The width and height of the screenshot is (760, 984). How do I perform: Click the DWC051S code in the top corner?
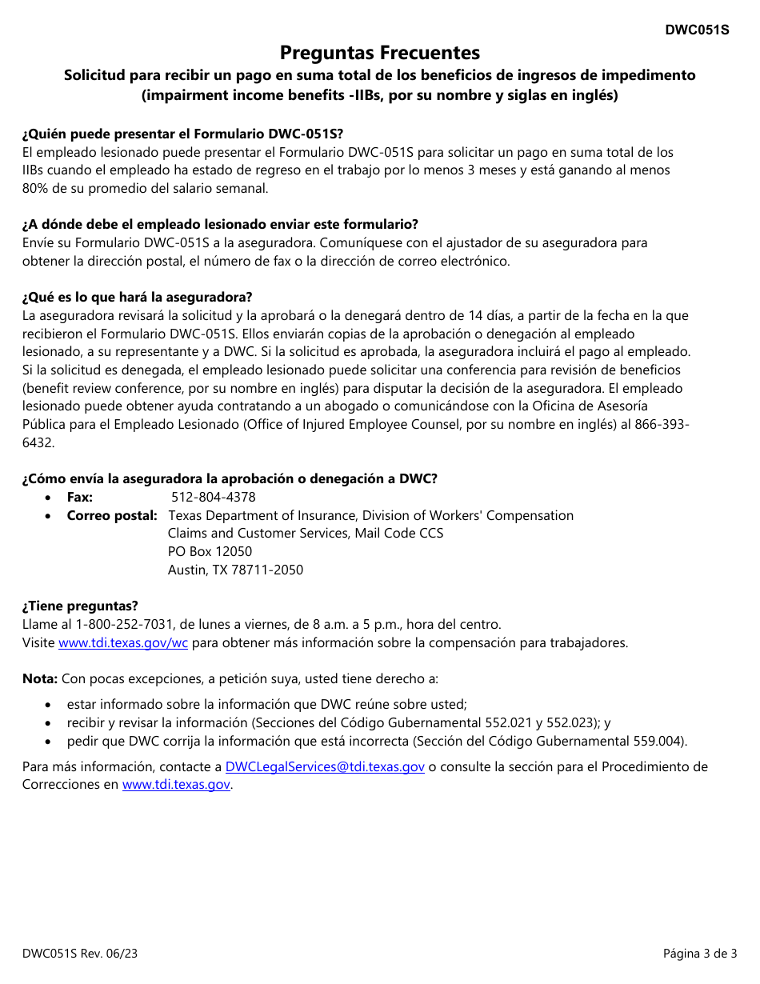[697, 30]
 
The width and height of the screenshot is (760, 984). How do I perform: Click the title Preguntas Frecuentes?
[380, 53]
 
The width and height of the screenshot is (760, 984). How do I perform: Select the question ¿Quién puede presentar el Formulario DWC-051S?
[182, 134]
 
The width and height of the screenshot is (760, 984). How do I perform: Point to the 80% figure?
[35, 189]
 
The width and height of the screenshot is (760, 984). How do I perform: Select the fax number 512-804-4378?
[214, 497]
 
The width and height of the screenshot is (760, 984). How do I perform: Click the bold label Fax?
[80, 497]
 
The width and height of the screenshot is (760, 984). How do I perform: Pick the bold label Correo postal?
[112, 515]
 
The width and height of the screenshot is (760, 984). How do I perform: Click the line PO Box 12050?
[210, 551]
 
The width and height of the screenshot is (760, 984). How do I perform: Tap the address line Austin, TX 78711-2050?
[235, 570]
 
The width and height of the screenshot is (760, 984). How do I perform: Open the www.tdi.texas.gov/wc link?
[123, 642]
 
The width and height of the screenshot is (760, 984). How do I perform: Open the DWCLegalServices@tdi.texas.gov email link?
[325, 766]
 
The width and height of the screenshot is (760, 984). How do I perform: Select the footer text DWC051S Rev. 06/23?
[74, 953]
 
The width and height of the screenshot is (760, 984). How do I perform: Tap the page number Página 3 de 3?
[700, 953]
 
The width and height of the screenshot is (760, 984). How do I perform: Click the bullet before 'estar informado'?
[50, 705]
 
